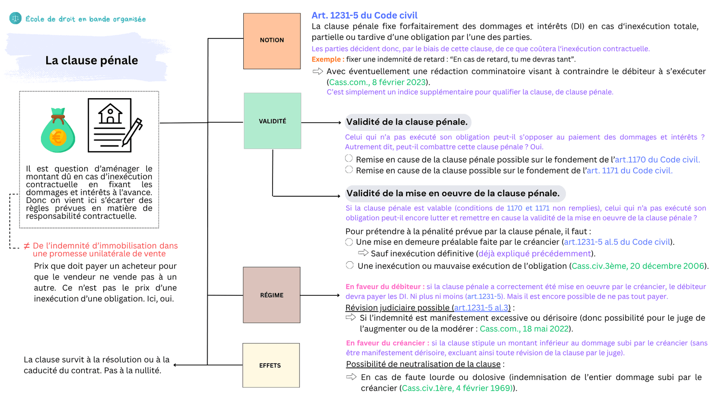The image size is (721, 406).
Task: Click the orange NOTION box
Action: [x=272, y=41]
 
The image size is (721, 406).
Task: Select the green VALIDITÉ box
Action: [x=272, y=121]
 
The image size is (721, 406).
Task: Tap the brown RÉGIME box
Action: [x=272, y=295]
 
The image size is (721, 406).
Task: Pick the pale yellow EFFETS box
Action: [x=271, y=365]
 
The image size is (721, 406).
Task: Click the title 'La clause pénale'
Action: [x=91, y=61]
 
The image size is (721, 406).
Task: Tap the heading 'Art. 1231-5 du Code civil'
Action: [x=364, y=15]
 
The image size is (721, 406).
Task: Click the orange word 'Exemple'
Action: [x=326, y=59]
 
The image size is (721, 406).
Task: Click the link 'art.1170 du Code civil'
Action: [x=657, y=160]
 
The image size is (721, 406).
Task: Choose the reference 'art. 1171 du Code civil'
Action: [x=629, y=170]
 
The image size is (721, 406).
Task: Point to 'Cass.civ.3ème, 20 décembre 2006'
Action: [x=637, y=266]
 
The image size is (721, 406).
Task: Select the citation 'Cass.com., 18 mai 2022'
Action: [x=524, y=329]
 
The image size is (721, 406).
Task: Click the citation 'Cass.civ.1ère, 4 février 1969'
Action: [x=457, y=388]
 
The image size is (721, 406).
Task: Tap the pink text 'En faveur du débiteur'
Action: [x=383, y=287]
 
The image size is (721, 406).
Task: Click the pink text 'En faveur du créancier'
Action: [x=385, y=343]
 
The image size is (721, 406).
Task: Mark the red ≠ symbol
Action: [x=27, y=246]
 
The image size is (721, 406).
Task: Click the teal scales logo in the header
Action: [x=15, y=19]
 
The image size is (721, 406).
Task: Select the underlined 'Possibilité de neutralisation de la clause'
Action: [x=423, y=364]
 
